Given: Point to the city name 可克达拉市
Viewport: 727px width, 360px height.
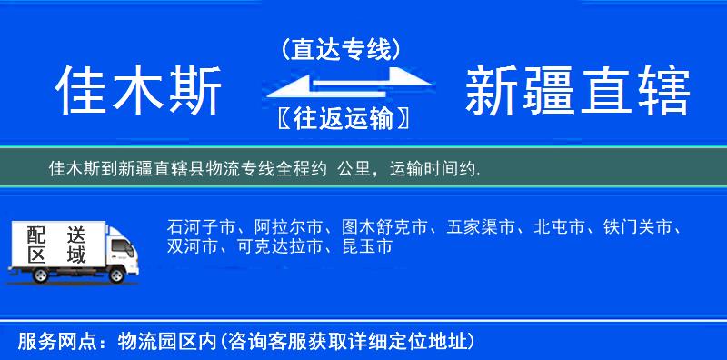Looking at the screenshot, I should click(272, 246).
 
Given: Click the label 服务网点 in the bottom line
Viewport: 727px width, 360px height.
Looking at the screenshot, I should click(48, 342).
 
